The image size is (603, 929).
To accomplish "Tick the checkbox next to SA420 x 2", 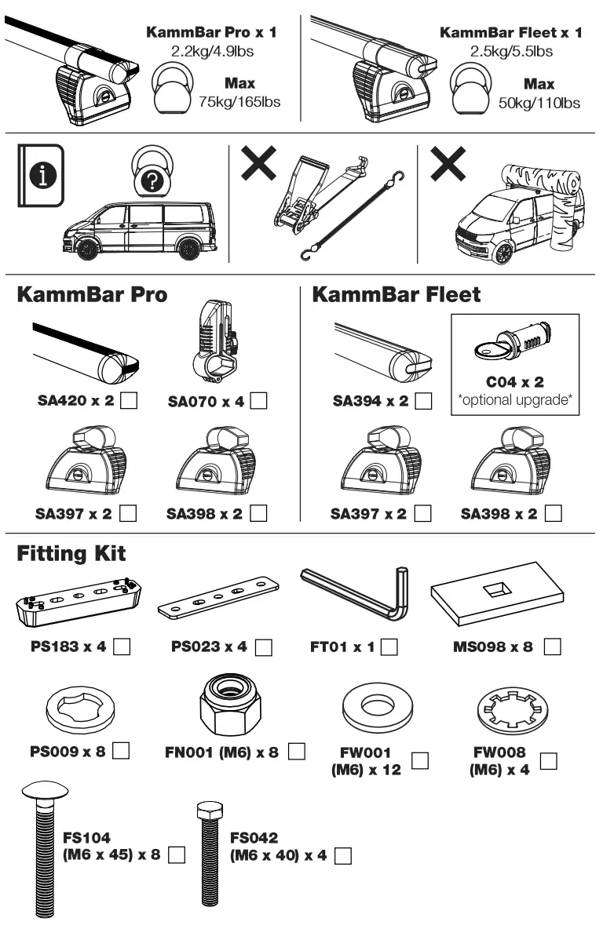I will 131,401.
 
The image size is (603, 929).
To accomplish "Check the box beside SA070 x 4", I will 260,401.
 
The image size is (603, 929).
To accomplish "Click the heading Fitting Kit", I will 71,554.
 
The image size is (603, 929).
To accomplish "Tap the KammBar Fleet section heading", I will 397,295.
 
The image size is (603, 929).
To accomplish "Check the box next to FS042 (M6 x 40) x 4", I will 342,857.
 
